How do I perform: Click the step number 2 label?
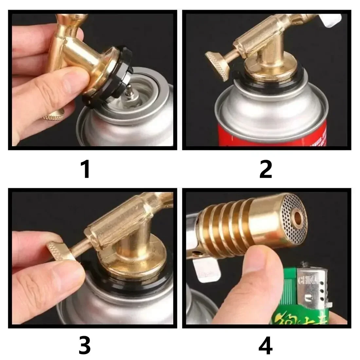[x=265, y=170]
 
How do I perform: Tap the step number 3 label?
[x=85, y=345]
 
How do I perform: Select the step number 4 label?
[x=265, y=345]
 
